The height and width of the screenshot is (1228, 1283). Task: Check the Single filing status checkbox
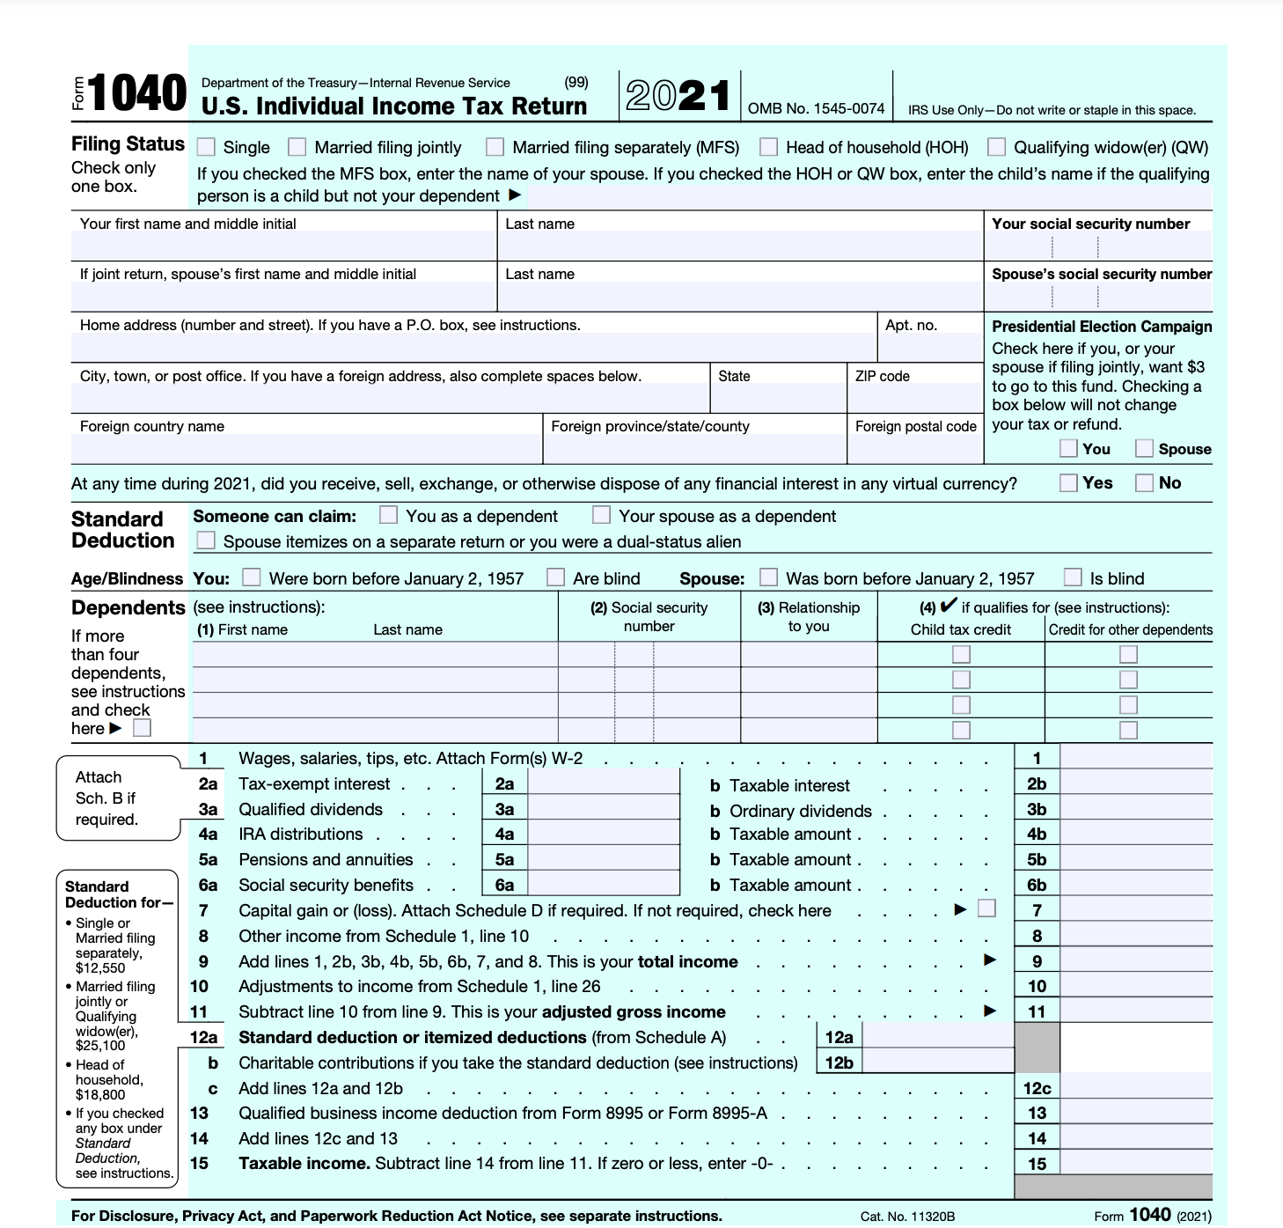206,147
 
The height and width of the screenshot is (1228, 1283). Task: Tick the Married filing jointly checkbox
297,147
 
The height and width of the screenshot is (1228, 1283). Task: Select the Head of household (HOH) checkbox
769,147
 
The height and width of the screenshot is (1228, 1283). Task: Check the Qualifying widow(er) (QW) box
996,147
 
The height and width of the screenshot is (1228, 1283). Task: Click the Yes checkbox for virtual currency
1068,482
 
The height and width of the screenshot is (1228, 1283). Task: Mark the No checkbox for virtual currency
1144,482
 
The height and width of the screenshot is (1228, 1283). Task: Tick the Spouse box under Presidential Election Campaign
1144,448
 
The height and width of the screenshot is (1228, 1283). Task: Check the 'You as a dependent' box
388,514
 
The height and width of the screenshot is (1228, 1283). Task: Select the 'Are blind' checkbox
555,577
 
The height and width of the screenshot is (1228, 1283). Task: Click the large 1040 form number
137,94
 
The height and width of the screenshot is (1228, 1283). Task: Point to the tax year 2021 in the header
678,95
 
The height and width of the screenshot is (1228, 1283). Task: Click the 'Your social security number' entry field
1096,246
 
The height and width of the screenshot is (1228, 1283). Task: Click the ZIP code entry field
914,399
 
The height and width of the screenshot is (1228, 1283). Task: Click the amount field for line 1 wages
1136,758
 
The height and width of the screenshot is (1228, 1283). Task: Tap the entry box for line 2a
604,783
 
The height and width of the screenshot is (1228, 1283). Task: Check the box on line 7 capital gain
987,908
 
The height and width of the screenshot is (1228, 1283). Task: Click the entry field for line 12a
939,1037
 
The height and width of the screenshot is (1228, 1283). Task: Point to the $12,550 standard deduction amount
100,967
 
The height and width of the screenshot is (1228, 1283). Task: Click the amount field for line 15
1136,1163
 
